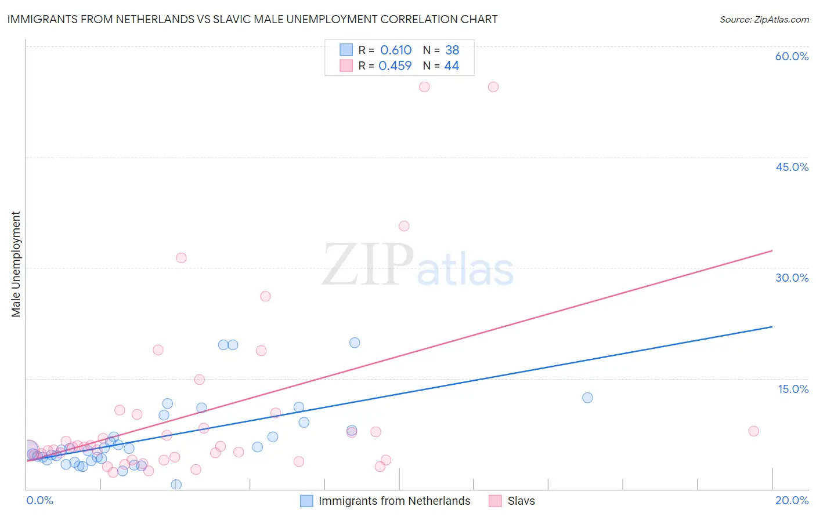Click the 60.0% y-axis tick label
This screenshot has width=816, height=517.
(x=792, y=56)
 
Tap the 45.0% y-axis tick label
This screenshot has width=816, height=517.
(x=792, y=167)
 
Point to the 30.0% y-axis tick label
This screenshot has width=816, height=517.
(x=792, y=278)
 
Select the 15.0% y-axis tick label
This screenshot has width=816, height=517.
(x=793, y=389)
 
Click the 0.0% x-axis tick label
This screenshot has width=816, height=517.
(x=39, y=500)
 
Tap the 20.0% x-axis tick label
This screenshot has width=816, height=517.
(x=792, y=500)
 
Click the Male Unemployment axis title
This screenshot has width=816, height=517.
(x=16, y=264)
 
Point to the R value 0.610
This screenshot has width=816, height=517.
(x=396, y=50)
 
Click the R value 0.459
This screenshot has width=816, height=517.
(x=395, y=66)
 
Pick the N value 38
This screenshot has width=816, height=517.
(x=452, y=50)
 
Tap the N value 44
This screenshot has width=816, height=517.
(x=452, y=66)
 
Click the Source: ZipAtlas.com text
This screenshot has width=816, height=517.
(x=764, y=20)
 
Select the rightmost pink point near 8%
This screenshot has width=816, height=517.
(x=753, y=431)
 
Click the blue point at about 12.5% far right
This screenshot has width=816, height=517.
(x=587, y=398)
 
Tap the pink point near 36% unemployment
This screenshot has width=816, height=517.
(x=404, y=226)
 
